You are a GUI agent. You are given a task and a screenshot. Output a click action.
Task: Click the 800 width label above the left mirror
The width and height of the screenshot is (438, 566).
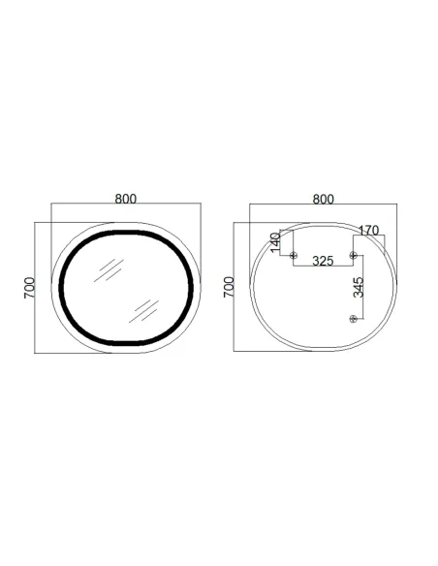(x=125, y=199)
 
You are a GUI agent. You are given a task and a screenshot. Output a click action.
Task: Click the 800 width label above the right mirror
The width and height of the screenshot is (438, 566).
(x=324, y=199)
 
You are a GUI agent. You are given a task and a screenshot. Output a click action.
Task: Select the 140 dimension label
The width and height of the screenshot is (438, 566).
(x=275, y=242)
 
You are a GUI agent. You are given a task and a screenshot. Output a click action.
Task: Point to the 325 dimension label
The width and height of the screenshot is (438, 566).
(x=324, y=261)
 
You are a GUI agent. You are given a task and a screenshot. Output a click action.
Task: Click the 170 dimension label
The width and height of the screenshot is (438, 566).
(x=367, y=231)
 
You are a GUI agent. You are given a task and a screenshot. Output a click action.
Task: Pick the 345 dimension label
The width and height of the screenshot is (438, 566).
(x=359, y=288)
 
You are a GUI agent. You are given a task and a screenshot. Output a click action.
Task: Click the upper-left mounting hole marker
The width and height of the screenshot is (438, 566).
(x=295, y=255)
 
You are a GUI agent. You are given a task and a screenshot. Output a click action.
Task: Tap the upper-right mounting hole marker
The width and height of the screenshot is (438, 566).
(x=354, y=255)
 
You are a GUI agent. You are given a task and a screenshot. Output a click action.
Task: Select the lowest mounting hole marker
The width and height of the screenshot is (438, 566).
(x=354, y=319)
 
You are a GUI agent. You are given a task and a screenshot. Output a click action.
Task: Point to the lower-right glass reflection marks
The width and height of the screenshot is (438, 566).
(x=145, y=309)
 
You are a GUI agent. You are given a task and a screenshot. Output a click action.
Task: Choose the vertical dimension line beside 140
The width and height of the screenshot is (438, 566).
(x=280, y=243)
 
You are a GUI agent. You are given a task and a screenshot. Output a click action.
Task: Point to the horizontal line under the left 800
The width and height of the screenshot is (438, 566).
(x=125, y=204)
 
